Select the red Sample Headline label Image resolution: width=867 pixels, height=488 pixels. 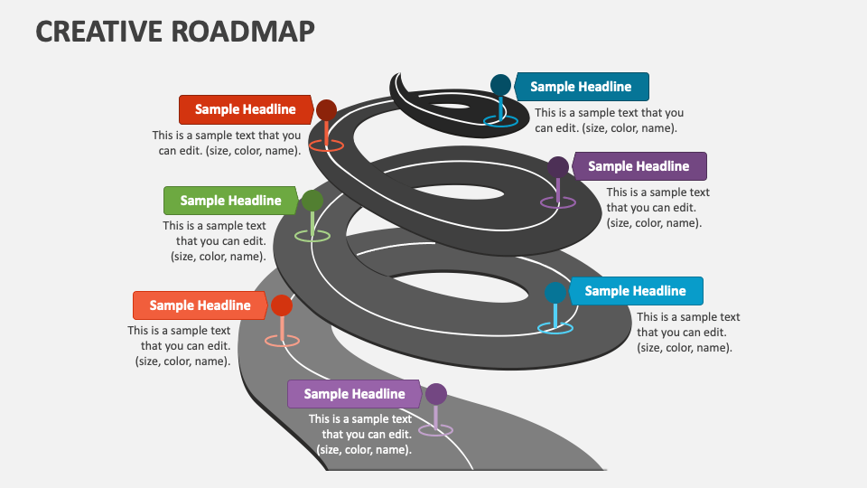245,109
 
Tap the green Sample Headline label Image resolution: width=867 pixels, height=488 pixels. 230,201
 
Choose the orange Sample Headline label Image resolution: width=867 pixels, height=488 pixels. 200,305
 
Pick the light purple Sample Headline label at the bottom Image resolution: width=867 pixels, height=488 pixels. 354,394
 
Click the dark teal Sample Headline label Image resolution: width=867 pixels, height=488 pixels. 581,87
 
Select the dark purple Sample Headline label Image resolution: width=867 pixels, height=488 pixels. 639,166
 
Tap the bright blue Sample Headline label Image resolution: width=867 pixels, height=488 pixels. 635,291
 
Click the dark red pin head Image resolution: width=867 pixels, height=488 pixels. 326,111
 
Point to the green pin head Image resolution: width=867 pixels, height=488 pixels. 312,201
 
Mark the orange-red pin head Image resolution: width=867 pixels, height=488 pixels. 282,305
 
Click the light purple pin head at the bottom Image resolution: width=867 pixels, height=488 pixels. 436,394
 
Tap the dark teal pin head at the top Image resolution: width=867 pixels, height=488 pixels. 500,85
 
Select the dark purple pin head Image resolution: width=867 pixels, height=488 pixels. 558,167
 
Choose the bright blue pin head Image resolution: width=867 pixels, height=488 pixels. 555,293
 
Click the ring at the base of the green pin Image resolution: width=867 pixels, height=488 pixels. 312,236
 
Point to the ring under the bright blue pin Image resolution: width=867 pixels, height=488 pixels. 555,328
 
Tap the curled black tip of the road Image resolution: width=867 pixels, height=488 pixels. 405,88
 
